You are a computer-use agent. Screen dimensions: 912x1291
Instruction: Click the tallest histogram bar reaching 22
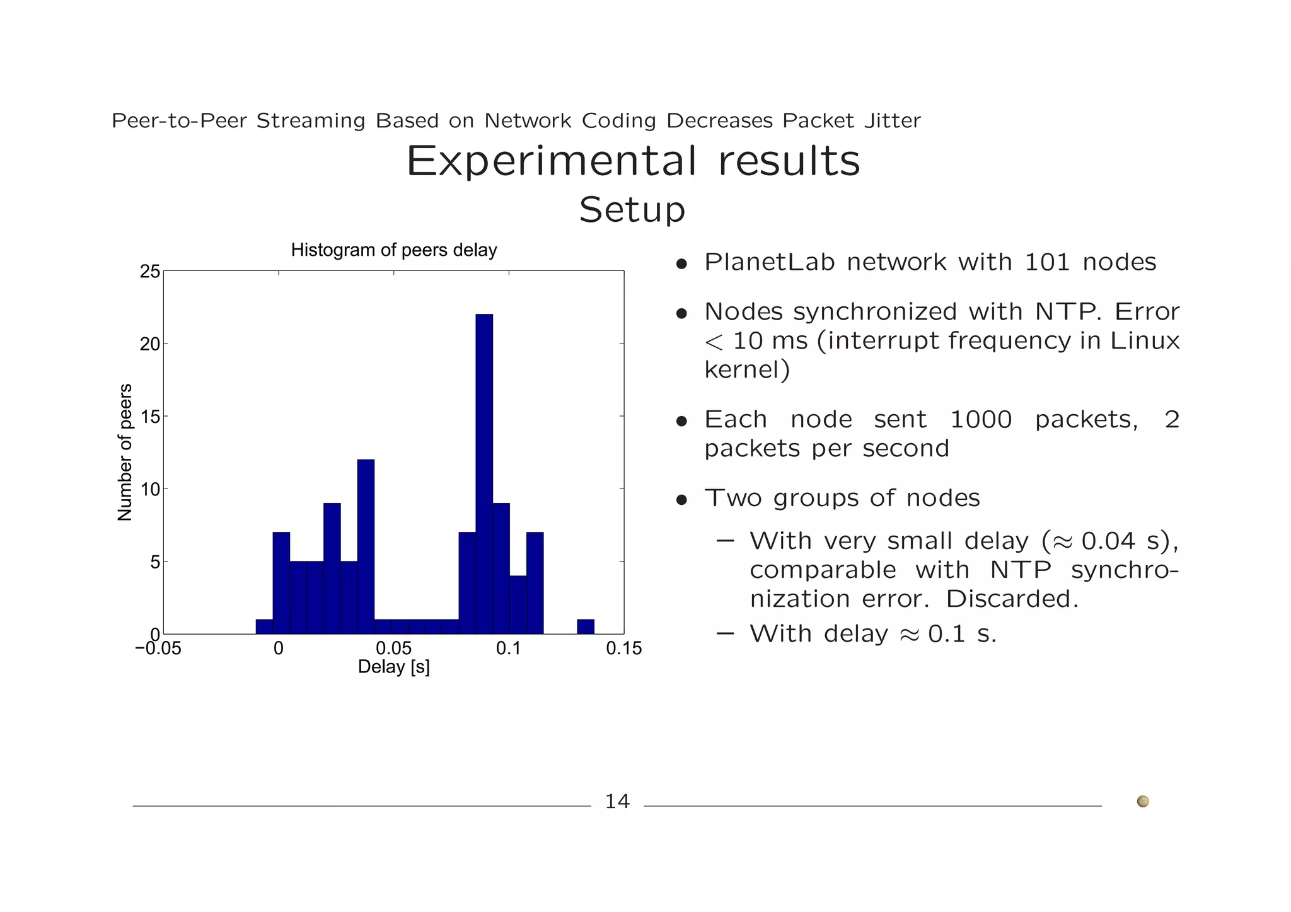pos(484,473)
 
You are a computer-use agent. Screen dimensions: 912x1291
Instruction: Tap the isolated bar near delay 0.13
pos(586,626)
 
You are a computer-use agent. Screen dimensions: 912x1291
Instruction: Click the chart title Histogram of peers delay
pos(394,250)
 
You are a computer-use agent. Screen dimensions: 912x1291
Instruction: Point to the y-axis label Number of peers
pos(125,452)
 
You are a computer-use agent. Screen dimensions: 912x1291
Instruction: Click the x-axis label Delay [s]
pos(394,667)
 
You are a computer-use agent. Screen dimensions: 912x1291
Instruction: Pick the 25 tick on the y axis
pos(150,272)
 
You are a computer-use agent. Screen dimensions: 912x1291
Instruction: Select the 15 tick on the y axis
pos(150,417)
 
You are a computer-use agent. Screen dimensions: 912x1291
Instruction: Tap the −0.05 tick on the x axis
pos(158,649)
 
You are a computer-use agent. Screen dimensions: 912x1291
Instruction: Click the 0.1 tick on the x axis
pos(509,649)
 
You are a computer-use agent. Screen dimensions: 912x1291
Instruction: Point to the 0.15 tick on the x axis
pos(623,649)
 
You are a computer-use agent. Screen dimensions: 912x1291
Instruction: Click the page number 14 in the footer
pos(617,802)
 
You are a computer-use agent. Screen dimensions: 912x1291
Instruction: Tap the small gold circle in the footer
pos(1142,801)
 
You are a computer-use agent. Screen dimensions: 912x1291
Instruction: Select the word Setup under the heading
pos(632,210)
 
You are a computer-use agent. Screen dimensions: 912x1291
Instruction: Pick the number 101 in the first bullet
pos(1046,262)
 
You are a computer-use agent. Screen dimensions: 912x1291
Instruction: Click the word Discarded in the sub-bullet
pos(1011,599)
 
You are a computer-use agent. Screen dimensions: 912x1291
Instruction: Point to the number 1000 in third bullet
pos(980,420)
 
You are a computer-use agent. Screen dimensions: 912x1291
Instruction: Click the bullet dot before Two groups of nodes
pos(681,500)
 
